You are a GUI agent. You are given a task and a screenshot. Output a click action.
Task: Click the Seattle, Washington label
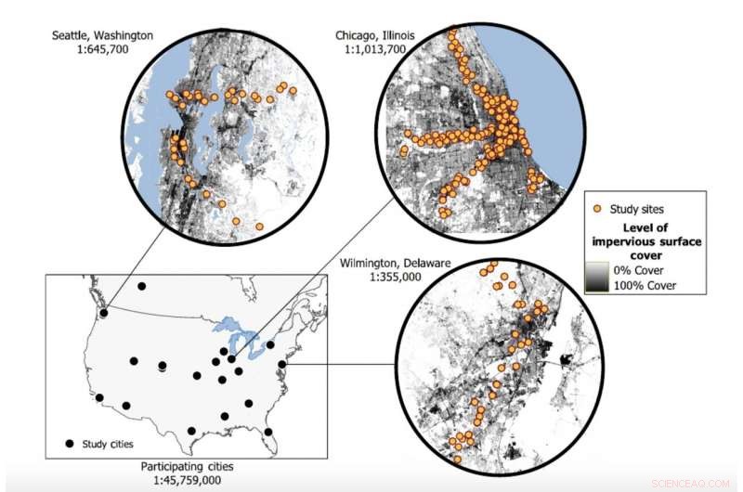[x=103, y=36]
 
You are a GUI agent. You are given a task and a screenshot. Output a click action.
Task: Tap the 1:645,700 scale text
[x=103, y=51]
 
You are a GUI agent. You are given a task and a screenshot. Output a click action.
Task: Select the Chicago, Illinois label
[x=376, y=36]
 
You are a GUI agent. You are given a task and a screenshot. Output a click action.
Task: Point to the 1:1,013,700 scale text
[x=377, y=51]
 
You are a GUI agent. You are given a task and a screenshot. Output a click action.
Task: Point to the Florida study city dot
[x=268, y=432]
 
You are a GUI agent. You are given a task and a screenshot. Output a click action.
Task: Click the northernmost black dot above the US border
[x=142, y=287]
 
